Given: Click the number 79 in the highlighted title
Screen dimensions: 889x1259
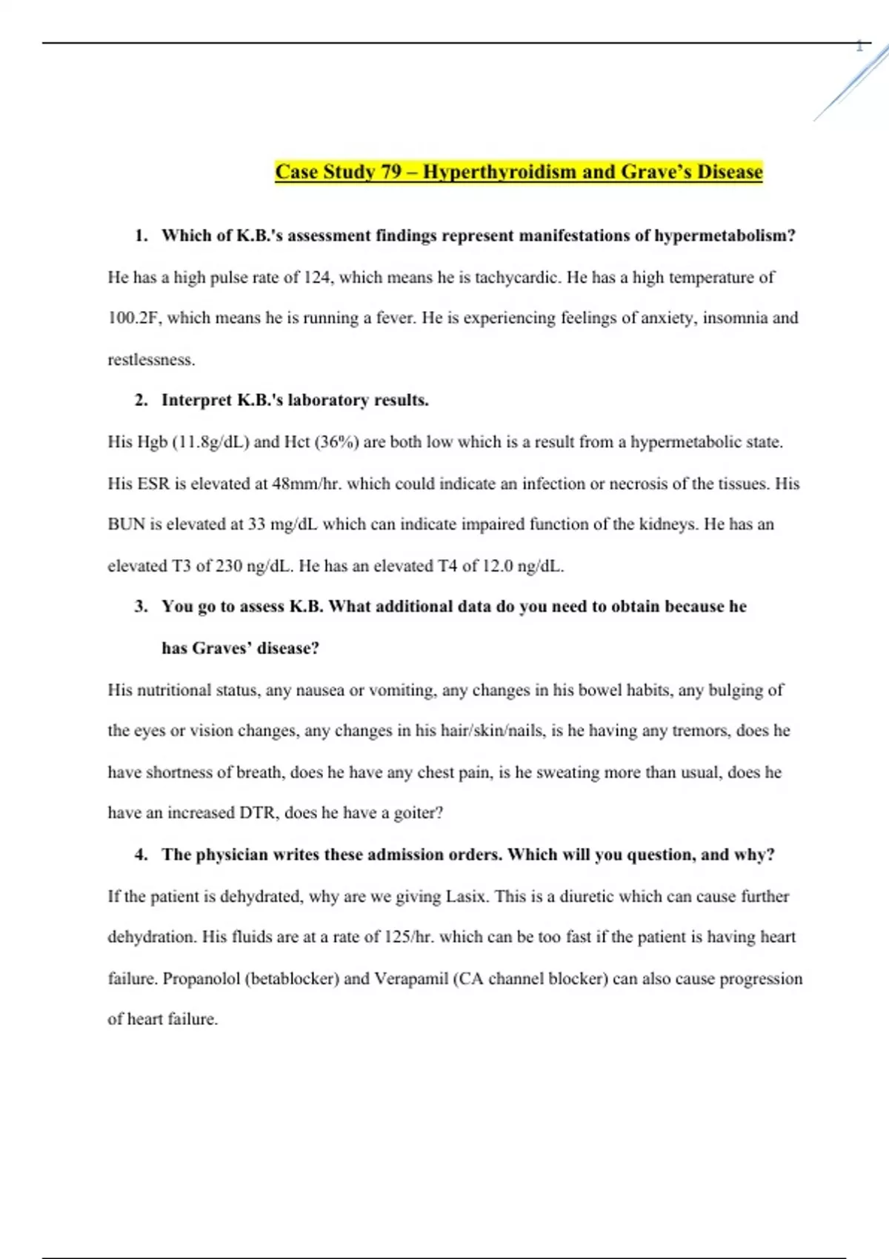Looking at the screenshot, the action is (390, 172).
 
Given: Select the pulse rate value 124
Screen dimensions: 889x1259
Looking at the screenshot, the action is (317, 278).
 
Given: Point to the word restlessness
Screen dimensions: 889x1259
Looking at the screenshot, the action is (150, 360).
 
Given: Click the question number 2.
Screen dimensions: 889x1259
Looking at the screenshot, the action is (141, 401).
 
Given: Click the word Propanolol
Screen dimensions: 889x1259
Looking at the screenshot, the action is (201, 979).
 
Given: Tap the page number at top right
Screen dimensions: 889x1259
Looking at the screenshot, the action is (859, 47).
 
